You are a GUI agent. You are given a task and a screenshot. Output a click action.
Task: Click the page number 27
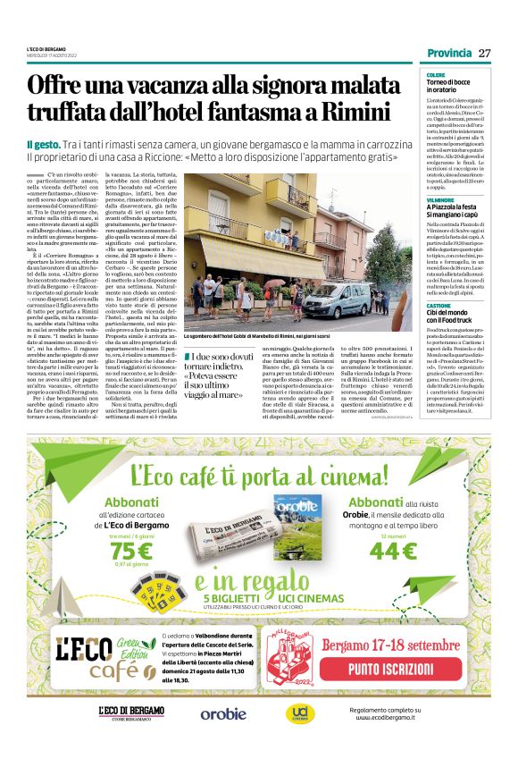(485, 53)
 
